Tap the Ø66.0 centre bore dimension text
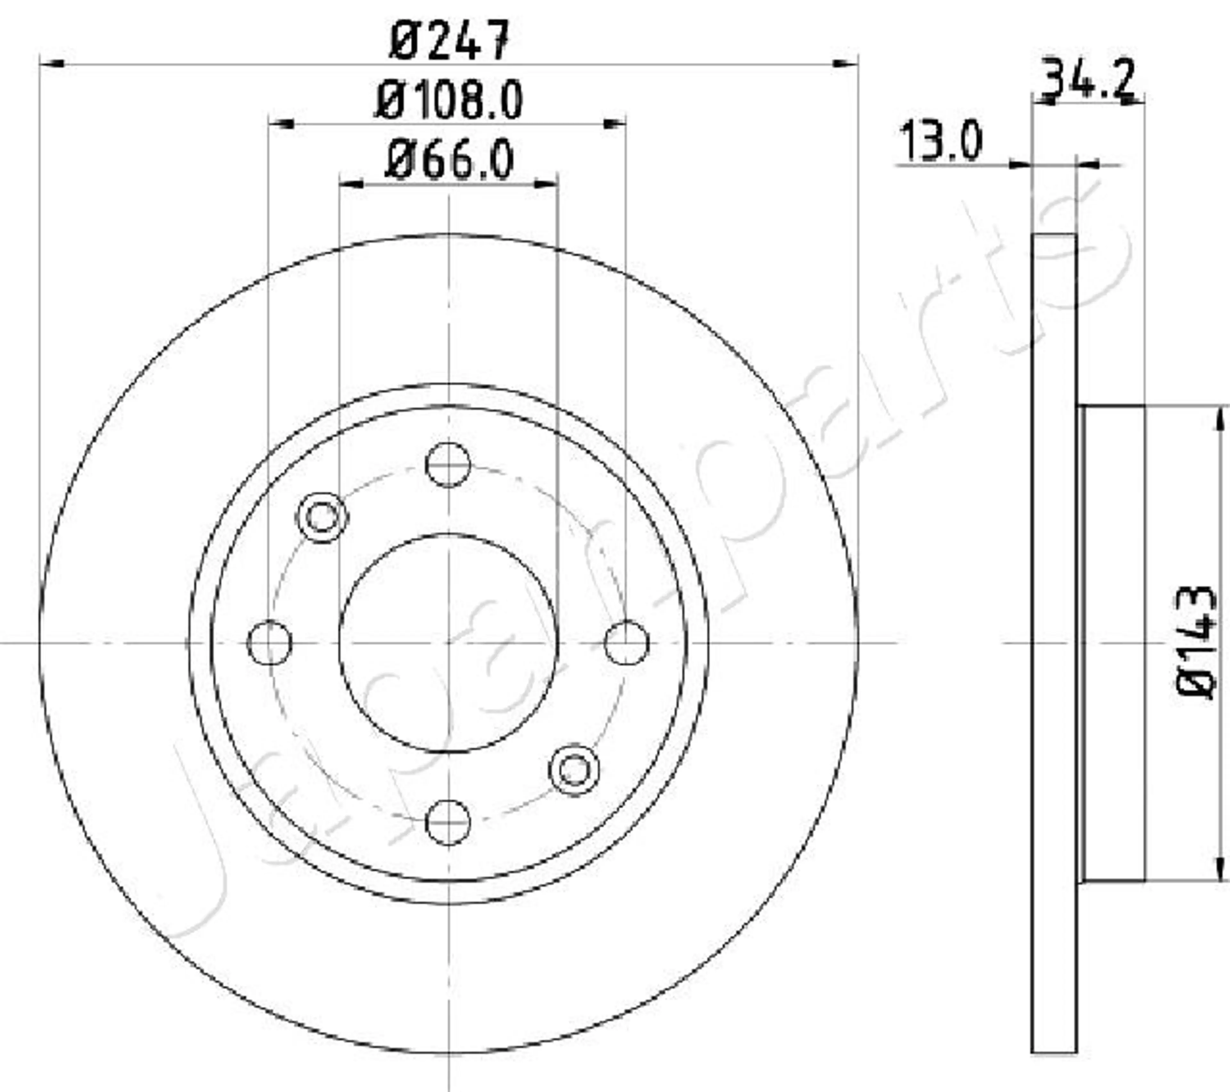[449, 160]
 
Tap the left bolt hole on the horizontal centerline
[270, 642]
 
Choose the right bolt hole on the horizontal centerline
[627, 642]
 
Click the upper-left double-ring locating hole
[323, 517]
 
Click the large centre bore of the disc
[448, 642]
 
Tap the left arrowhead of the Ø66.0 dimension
[352, 184]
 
